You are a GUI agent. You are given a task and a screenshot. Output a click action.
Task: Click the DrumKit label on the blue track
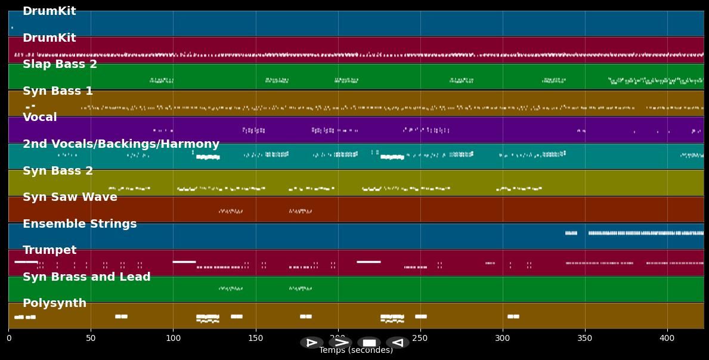coord(49,11)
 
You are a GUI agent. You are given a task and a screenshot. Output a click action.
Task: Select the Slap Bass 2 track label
coord(60,64)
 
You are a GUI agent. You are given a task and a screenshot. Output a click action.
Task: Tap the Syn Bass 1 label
coord(58,91)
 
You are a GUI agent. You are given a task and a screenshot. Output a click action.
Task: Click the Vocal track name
coord(40,117)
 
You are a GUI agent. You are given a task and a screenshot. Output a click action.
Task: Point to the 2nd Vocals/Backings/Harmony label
coord(121,144)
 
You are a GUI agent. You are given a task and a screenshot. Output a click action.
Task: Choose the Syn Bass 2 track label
coord(58,170)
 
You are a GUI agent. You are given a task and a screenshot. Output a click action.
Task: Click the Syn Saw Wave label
coord(70,197)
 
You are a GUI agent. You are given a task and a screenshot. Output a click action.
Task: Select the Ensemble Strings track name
coord(79,224)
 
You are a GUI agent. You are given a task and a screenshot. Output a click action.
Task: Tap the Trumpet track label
coord(49,250)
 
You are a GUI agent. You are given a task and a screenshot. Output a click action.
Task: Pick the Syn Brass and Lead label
coord(86,277)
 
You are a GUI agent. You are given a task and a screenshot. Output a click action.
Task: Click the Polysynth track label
coord(54,303)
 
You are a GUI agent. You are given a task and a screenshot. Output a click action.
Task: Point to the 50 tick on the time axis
coord(91,338)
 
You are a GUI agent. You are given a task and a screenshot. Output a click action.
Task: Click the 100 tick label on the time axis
coord(173,338)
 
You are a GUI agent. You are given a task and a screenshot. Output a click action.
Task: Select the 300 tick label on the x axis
coord(502,338)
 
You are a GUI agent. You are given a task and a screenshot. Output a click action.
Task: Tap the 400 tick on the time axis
coord(667,338)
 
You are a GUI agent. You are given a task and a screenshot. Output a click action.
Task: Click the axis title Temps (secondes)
coord(356,350)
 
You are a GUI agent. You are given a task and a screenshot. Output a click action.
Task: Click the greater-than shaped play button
coord(340,342)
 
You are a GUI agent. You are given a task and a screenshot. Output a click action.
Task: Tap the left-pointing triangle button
coord(398,342)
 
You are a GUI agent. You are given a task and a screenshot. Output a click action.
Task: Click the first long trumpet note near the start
coord(26,262)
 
